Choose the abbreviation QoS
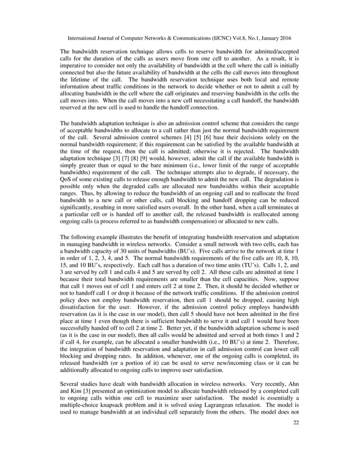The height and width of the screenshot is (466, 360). click(x=68, y=180)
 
